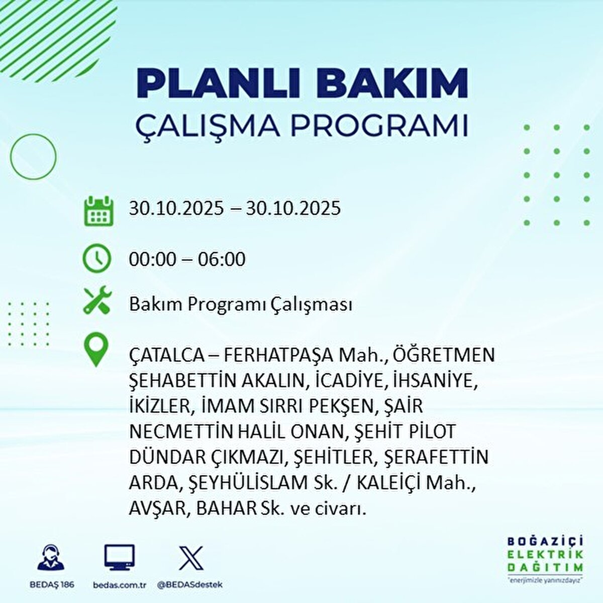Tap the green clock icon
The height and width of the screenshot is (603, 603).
point(96,259)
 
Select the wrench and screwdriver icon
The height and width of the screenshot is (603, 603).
point(96,301)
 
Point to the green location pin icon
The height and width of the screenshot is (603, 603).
point(96,350)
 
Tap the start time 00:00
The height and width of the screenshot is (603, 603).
point(153,259)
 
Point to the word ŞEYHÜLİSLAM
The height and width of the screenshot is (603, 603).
point(247,483)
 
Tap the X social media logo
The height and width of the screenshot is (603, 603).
point(191,558)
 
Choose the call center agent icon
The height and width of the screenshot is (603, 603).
point(51,558)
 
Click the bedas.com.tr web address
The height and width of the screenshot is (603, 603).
point(120,585)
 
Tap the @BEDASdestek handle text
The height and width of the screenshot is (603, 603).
point(190,585)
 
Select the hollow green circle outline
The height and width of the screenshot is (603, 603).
point(33,156)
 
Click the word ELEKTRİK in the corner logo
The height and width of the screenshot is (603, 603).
point(545,554)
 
